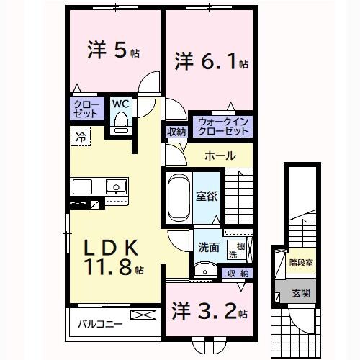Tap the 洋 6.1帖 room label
coord(210,63)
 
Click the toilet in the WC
coord(120,122)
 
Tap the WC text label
coord(120,103)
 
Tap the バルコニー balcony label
coord(100,323)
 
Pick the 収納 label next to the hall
coord(177,132)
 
